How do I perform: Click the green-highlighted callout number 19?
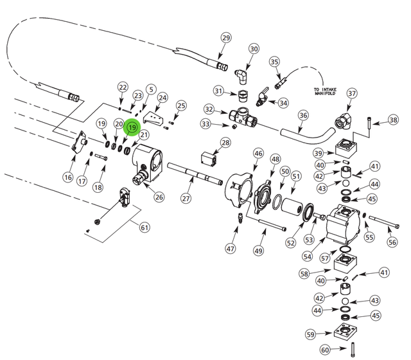point(132,127)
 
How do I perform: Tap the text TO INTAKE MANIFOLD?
point(325,91)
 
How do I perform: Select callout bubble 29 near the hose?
point(226,38)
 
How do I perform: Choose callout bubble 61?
point(144,227)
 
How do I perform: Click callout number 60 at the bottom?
point(325,350)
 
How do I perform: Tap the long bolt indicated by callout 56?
point(384,222)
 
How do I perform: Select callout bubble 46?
point(258,154)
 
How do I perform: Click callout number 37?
point(352,93)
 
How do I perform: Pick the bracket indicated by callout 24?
point(153,118)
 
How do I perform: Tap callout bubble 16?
point(68,177)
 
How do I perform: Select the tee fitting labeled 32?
point(243,116)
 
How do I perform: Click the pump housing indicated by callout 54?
point(343,225)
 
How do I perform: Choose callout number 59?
point(311,334)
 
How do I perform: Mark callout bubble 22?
point(123,87)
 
